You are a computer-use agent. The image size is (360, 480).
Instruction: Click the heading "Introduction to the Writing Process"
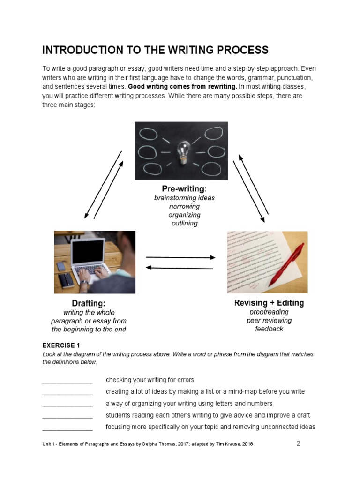point(155,50)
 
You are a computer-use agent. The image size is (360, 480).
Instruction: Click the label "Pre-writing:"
point(184,188)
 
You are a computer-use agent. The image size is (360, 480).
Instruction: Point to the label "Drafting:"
point(89,303)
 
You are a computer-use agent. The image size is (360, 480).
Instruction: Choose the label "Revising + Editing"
point(269,303)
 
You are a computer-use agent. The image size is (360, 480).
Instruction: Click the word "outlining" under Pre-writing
point(184,224)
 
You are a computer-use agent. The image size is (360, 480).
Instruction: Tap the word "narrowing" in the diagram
point(184,206)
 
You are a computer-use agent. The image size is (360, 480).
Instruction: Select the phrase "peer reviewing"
point(269,321)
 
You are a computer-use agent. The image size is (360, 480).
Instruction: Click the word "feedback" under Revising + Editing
point(269,329)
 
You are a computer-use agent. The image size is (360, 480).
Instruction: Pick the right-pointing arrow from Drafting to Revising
point(180,257)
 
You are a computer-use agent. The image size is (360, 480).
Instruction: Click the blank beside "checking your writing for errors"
point(67,380)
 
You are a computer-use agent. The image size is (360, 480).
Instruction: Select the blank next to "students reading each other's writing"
point(67,416)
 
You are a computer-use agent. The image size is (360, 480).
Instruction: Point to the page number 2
point(298,443)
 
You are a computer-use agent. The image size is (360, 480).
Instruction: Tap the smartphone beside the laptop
point(61,266)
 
